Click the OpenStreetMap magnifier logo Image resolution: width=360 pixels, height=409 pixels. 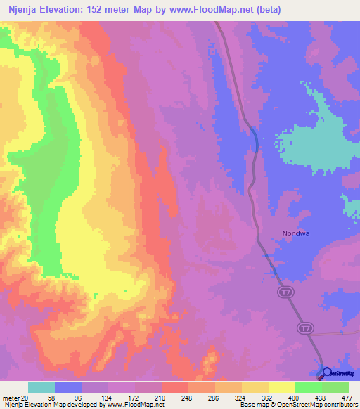[327, 372]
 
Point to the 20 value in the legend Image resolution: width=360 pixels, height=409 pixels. [24, 398]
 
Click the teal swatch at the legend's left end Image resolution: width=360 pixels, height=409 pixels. [41, 387]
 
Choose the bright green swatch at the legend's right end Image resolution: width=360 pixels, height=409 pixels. [335, 387]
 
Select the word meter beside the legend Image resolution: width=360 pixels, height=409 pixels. [10, 398]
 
